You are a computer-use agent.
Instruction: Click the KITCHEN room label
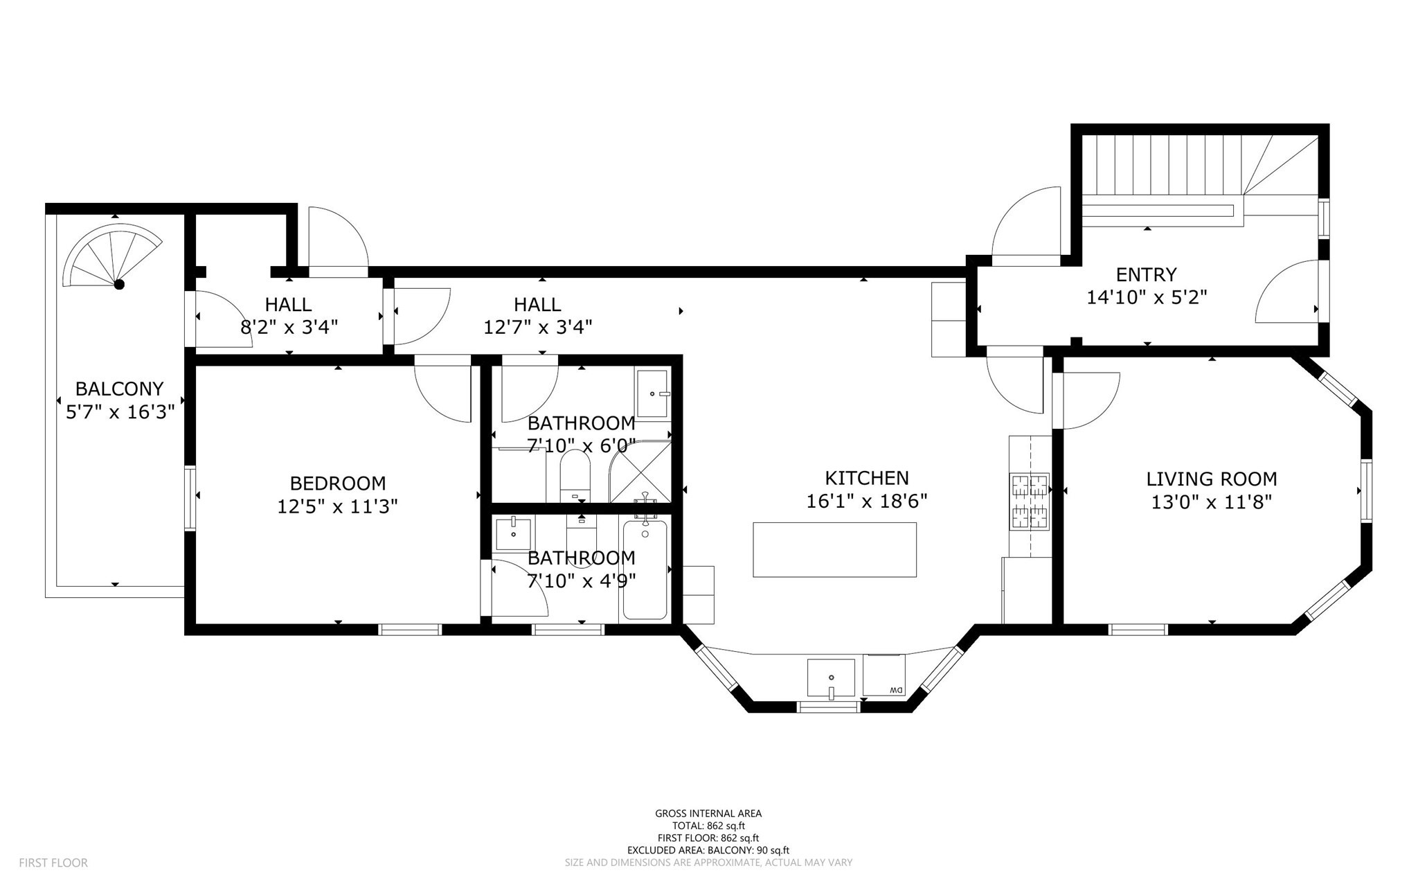click(x=866, y=478)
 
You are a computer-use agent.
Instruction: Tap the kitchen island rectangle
click(x=834, y=549)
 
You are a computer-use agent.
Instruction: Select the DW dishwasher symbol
click(x=884, y=675)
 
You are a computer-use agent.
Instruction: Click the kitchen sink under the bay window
click(x=831, y=677)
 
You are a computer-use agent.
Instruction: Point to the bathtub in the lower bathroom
click(x=645, y=570)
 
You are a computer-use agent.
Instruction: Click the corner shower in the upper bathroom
click(x=641, y=472)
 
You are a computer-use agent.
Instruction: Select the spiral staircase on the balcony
click(x=111, y=256)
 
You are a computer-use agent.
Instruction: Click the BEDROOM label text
click(x=337, y=483)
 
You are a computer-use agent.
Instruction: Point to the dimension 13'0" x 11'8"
click(x=1211, y=502)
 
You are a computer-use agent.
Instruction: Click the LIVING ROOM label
click(x=1211, y=479)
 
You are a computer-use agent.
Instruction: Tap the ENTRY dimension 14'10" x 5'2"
click(x=1147, y=297)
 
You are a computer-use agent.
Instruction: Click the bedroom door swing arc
click(x=443, y=395)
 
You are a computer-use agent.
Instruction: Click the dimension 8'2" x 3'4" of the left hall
click(x=289, y=327)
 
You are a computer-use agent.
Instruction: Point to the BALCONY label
click(x=119, y=389)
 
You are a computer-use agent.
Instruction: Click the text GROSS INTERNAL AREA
click(x=708, y=813)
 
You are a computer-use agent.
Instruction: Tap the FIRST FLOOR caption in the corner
click(x=53, y=862)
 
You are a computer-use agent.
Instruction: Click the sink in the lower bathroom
click(x=513, y=533)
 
